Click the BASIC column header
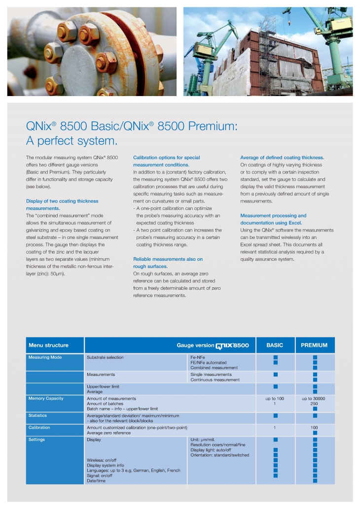(x=275, y=345)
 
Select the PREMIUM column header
(x=314, y=345)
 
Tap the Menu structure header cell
(x=48, y=345)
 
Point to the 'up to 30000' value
(x=314, y=398)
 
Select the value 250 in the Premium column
(x=314, y=404)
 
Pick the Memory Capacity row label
(x=46, y=398)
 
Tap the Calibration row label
(x=39, y=428)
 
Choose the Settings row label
(x=36, y=440)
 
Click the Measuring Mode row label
(x=45, y=357)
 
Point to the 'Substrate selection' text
(x=105, y=357)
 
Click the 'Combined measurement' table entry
(x=214, y=368)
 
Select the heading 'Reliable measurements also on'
(x=168, y=259)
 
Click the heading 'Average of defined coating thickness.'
(x=282, y=158)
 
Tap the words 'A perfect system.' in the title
(x=72, y=141)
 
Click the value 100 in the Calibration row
(x=314, y=428)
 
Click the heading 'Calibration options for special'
(x=166, y=158)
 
